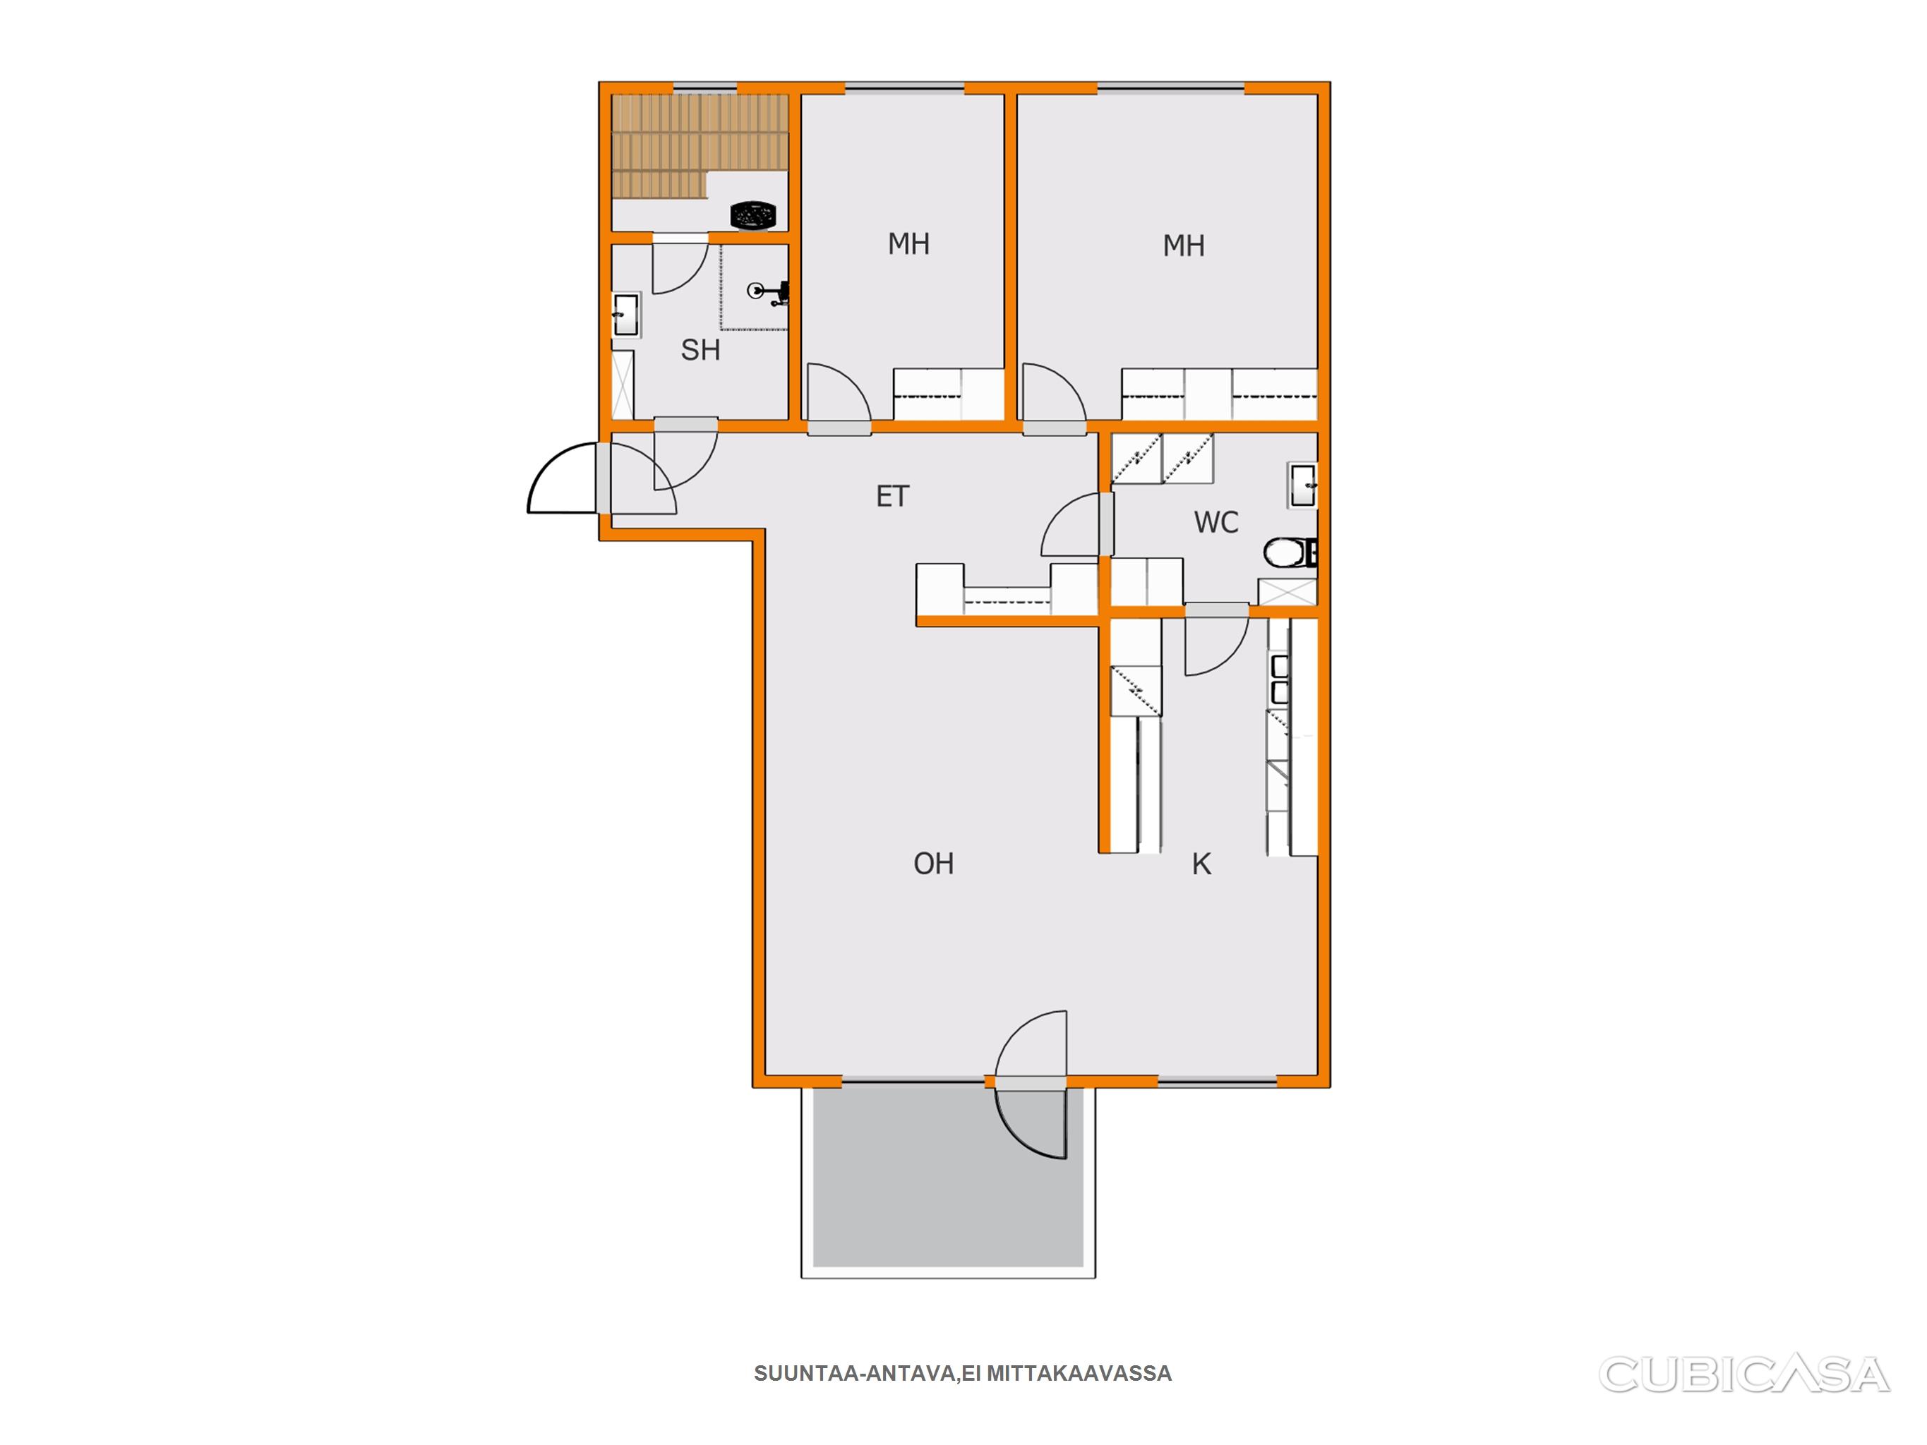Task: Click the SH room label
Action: point(700,350)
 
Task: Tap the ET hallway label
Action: point(892,497)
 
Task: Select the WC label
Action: point(1216,523)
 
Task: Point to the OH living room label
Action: point(934,864)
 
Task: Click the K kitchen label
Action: point(1202,864)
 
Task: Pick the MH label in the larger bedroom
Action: point(1184,246)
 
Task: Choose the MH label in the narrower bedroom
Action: point(908,244)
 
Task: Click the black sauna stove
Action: point(752,214)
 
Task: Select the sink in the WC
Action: point(1303,485)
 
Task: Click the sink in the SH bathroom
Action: point(625,315)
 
